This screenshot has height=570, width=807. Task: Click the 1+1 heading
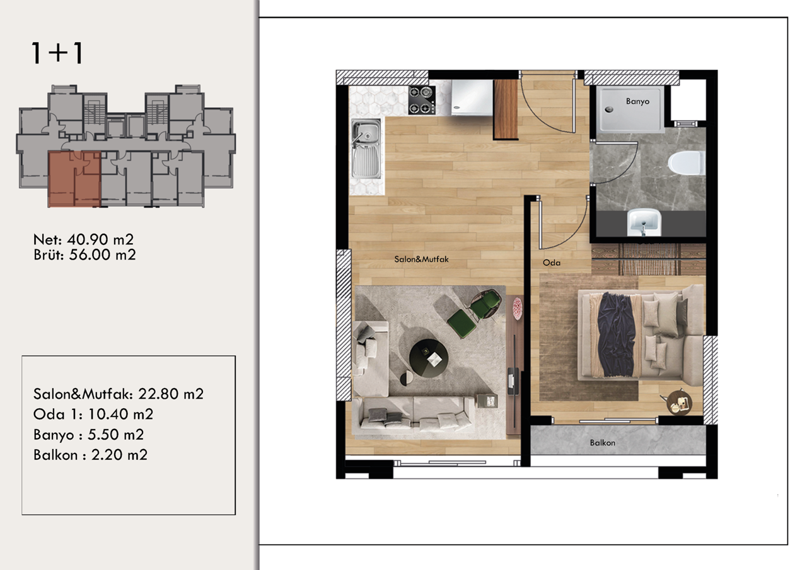coord(57,54)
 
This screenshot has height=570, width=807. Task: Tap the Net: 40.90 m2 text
coord(83,240)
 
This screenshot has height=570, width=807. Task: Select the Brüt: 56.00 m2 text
coord(84,255)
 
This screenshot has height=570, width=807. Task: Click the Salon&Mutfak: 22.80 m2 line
coord(119,394)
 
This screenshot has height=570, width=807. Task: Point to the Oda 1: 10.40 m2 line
coord(93,414)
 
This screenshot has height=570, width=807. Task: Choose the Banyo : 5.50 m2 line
coord(88,435)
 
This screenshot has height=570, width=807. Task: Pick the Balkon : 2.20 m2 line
coord(90,455)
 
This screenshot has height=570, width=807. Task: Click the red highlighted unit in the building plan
coord(74,179)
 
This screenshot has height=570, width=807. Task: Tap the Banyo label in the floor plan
coord(637,101)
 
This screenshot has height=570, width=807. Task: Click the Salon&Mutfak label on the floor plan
coord(421,259)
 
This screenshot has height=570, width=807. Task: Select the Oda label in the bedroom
coord(552,263)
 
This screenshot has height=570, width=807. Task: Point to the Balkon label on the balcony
coord(602,443)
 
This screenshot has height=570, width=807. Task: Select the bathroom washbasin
coord(644,222)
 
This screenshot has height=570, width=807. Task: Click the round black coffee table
coord(429,359)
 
